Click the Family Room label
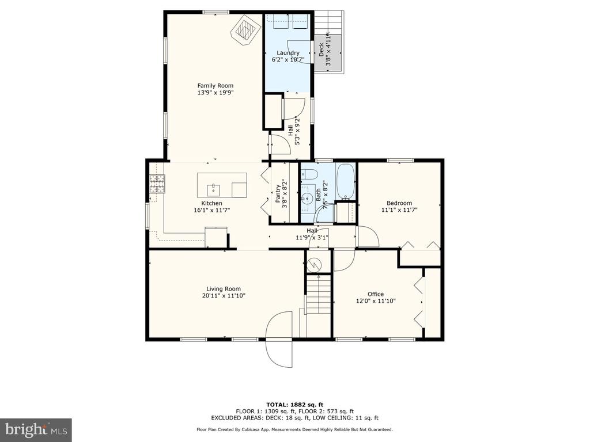pos(215,86)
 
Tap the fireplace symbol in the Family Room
pos(246,31)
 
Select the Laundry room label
pos(288,53)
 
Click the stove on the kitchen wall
pos(157,184)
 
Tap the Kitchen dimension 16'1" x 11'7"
pos(211,211)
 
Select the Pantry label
pos(278,193)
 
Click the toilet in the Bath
pos(309,174)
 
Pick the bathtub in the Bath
pos(345,181)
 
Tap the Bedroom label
pos(399,203)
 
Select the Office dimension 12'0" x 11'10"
pos(376,301)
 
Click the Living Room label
pos(224,289)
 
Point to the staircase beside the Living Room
pos(319,294)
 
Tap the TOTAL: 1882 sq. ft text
pos(294,405)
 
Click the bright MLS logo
pos(36,429)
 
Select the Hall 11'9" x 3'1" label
pos(312,234)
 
